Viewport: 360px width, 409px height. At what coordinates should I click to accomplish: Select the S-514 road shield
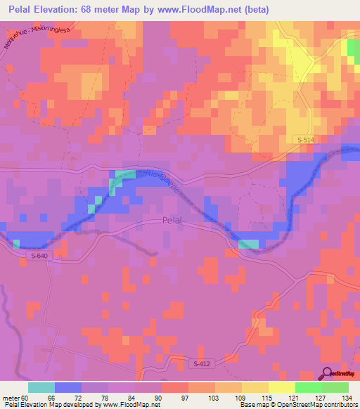(305, 141)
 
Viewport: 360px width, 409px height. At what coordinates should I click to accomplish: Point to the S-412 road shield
(202, 363)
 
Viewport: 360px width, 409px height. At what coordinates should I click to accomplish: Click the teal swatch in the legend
(41, 387)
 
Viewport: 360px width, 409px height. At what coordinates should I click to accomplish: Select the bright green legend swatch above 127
(309, 387)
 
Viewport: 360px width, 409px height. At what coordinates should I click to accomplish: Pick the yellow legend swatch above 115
(255, 387)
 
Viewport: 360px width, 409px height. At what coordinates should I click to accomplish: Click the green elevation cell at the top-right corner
(354, 47)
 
